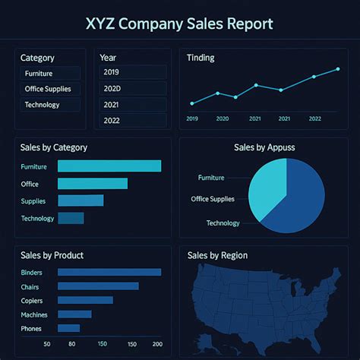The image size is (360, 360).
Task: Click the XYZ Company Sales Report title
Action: point(179,24)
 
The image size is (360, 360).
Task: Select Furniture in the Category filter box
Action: point(50,74)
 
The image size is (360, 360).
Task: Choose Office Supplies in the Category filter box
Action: point(50,89)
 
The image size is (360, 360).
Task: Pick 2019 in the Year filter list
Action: point(132,72)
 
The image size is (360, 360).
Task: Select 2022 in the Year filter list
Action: point(132,121)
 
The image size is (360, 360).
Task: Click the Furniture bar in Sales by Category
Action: point(109,166)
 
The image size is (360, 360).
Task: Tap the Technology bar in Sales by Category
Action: point(71,218)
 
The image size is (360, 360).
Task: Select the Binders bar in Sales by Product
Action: point(109,272)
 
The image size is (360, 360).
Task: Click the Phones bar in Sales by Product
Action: point(68,328)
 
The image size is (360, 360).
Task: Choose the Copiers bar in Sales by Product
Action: point(85,300)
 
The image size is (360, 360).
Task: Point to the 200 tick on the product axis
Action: point(157,344)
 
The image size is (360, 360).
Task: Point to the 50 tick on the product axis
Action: point(48,344)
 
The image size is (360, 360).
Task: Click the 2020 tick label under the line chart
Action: point(223,118)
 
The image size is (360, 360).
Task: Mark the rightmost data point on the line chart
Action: point(338,69)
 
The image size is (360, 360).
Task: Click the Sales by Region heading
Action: point(217,255)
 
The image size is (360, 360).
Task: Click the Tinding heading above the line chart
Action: point(201,58)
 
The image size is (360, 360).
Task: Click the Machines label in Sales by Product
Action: point(34,314)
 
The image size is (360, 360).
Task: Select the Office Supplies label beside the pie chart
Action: point(213,199)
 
